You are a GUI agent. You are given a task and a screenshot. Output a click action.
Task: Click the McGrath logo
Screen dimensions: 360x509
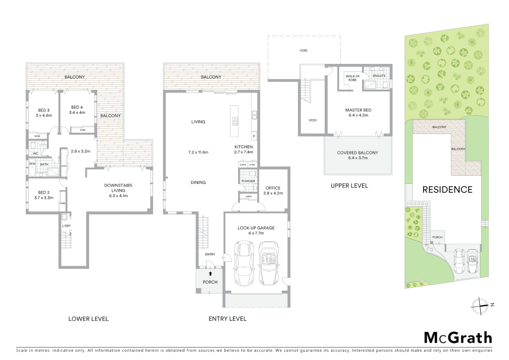pos(458,338)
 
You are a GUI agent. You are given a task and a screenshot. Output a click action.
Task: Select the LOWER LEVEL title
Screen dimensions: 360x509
pos(88,319)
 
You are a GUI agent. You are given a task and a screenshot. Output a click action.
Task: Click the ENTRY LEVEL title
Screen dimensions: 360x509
pos(228,319)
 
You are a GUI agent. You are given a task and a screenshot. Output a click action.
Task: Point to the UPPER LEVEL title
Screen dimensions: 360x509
pos(349,186)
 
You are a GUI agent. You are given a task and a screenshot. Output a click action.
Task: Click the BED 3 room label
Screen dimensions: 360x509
pos(44,110)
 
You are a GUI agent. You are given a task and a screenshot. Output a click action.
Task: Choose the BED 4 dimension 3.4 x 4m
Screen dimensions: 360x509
pos(77,113)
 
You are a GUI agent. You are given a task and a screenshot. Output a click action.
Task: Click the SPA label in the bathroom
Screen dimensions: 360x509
pos(32,164)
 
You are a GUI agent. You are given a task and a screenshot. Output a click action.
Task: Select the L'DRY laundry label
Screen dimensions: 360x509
pos(67,226)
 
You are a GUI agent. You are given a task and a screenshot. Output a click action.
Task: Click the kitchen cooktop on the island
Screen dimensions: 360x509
pos(235,121)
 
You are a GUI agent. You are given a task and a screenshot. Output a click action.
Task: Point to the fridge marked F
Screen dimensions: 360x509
pos(254,136)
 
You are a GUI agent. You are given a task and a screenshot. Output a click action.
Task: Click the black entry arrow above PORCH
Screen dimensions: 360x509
pos(210,274)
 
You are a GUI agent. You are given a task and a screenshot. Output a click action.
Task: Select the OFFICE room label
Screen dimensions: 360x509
pos(273,188)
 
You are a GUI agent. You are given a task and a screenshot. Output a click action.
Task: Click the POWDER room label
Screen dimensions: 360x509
pos(248,181)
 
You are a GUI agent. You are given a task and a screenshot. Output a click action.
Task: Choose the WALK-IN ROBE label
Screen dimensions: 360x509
pos(352,78)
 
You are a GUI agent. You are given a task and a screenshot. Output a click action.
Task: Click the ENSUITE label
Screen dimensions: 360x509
pos(379,76)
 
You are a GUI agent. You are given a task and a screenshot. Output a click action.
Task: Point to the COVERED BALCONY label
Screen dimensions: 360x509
pos(357,153)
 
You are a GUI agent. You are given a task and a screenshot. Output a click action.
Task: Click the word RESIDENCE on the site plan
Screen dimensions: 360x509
pos(447,190)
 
